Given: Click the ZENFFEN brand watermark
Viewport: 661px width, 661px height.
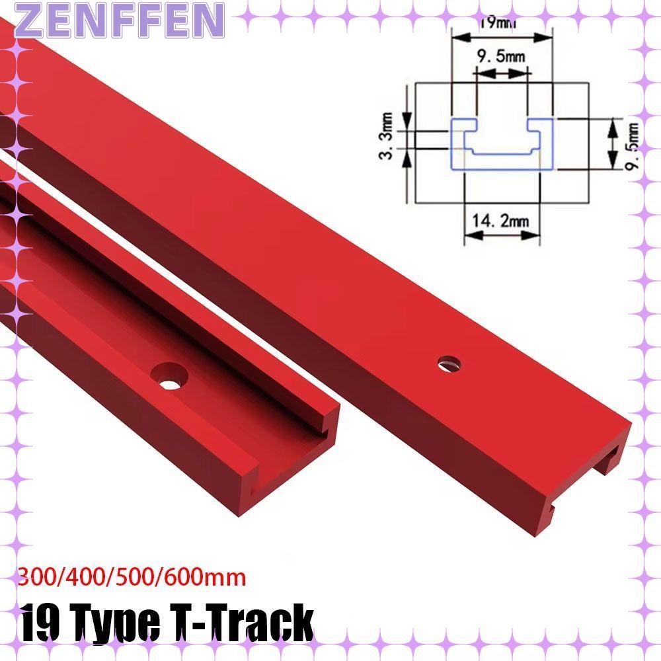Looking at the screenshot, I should pos(112,20).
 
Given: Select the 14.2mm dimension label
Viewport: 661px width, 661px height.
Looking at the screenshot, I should pos(502,221).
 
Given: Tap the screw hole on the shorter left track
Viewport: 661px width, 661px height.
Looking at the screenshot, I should pos(169,377).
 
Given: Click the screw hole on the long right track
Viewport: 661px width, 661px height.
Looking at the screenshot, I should pos(449,362).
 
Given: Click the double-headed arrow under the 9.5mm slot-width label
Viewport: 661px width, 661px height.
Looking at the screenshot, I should pos(502,75).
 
